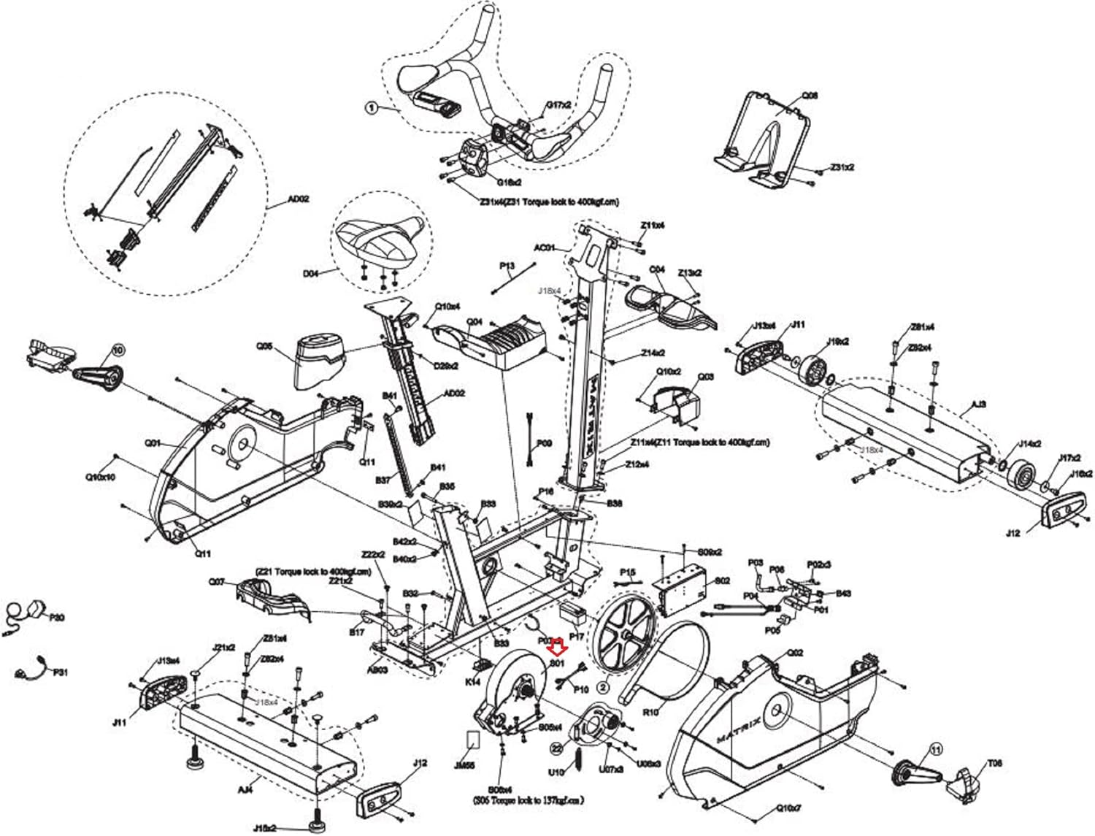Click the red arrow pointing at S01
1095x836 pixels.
click(558, 646)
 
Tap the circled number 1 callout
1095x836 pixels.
click(372, 108)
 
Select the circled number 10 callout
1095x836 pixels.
click(119, 350)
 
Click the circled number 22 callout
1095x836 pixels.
click(557, 748)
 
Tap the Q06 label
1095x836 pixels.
click(810, 96)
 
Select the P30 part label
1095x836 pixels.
click(57, 618)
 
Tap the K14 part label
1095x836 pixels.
click(473, 682)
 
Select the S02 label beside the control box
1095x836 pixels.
click(722, 581)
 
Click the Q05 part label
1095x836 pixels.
click(264, 346)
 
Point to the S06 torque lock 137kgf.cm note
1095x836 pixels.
click(529, 800)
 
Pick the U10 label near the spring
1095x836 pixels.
click(556, 771)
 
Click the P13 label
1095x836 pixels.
click(507, 266)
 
